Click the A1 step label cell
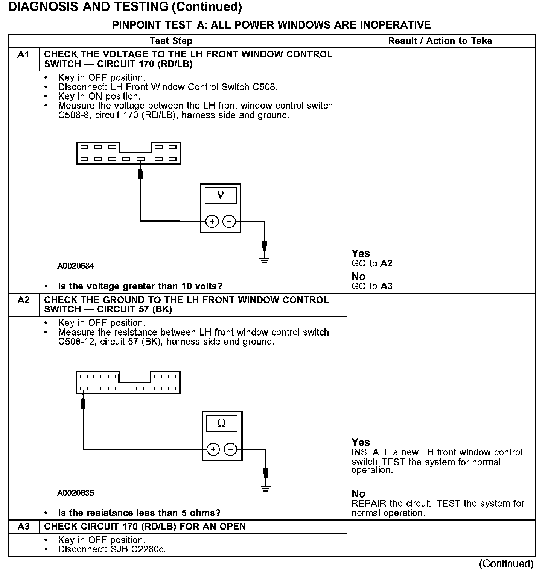coord(23,55)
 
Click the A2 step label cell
coord(23,300)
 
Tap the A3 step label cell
coord(23,527)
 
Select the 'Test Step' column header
coord(171,41)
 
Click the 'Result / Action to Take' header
coord(440,41)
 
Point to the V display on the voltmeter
coord(221,195)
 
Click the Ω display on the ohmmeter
coord(222,423)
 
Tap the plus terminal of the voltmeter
coord(212,222)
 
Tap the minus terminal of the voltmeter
coord(229,222)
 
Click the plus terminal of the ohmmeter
coord(213,449)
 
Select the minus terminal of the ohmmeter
coord(230,449)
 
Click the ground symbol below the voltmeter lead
coord(265,260)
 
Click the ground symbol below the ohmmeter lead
coord(266,488)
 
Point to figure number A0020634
coord(76,266)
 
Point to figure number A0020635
coord(76,493)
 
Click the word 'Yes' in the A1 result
coord(361,254)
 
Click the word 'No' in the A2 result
coord(358,493)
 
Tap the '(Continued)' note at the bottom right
coord(506,564)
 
